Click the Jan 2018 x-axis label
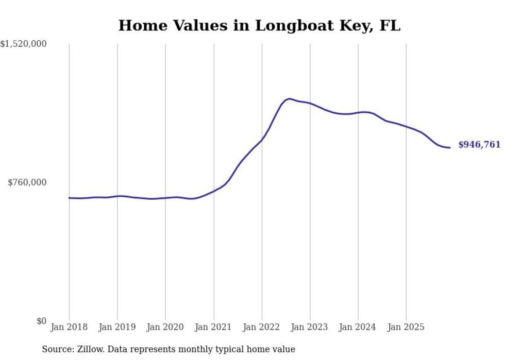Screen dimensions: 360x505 point(69,327)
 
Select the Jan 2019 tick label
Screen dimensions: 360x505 point(117,327)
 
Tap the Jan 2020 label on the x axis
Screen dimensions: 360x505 point(165,327)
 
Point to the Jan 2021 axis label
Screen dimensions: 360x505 point(213,327)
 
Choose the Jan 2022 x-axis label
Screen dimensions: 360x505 point(262,327)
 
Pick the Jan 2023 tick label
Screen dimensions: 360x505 point(310,327)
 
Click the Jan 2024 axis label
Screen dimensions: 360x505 point(358,327)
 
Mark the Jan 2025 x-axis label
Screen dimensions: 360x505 point(406,327)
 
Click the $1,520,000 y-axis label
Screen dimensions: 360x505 point(23,44)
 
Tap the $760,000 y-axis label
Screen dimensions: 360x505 point(27,182)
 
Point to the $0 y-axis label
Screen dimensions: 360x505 point(41,321)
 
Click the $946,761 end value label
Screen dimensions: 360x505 point(479,145)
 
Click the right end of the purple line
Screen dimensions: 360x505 point(450,148)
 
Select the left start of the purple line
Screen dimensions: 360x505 point(69,198)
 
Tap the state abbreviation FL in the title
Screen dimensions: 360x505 point(390,26)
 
